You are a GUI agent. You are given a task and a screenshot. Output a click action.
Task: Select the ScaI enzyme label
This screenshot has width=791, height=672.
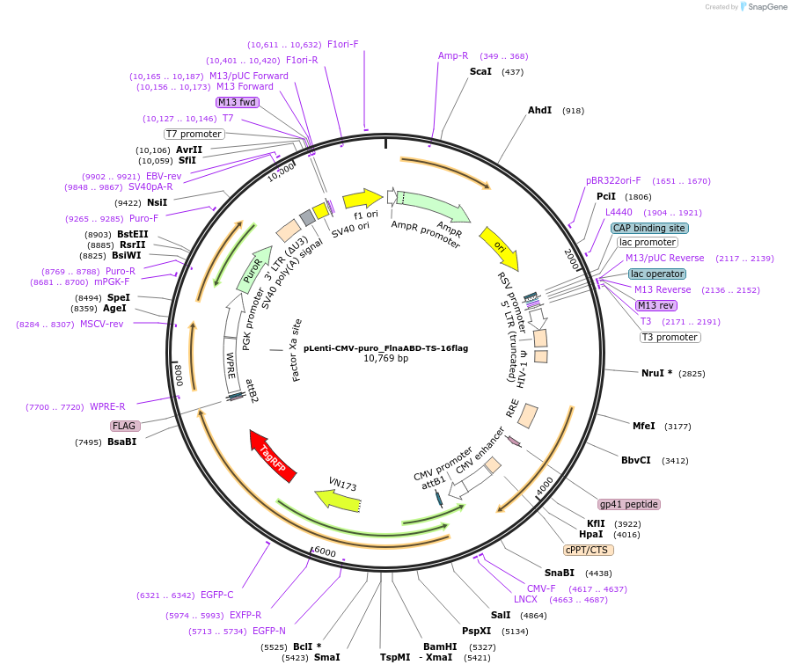[480, 71]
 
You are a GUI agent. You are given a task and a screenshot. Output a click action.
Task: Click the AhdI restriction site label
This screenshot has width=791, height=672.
[539, 110]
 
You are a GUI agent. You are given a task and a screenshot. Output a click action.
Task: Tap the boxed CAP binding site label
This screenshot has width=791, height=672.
[649, 228]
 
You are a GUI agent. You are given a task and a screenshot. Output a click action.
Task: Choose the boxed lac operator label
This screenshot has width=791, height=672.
[656, 274]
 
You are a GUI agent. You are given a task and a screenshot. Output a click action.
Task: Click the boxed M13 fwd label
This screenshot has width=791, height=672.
[237, 102]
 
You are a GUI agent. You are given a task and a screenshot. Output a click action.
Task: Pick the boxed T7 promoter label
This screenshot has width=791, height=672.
[194, 134]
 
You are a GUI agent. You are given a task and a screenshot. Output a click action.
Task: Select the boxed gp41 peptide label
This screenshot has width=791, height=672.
[628, 504]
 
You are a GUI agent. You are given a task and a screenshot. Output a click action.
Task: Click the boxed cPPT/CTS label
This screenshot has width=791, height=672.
[588, 550]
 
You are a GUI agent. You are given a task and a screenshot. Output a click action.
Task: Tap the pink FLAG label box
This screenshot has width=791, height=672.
[124, 426]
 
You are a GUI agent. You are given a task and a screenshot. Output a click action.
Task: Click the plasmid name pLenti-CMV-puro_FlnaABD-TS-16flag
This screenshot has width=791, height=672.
[385, 348]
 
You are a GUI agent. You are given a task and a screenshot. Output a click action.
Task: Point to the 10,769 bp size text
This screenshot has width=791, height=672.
[385, 359]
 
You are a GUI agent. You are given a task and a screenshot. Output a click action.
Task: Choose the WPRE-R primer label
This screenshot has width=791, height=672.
[107, 406]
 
